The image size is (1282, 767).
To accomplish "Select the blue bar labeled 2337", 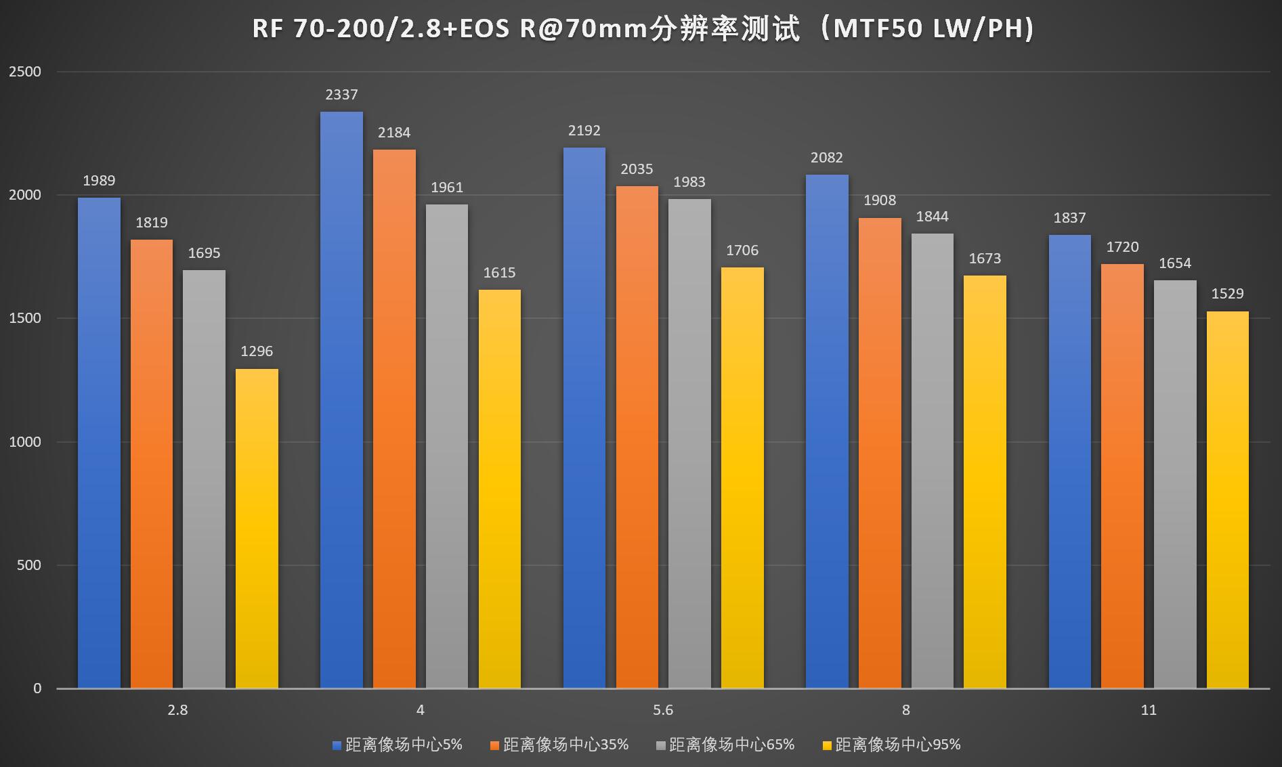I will tap(341, 399).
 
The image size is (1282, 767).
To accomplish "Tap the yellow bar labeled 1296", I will tap(257, 528).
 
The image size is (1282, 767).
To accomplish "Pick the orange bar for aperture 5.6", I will tap(637, 437).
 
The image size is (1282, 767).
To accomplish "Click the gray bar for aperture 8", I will tap(932, 460).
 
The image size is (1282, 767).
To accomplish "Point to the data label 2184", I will tap(394, 133).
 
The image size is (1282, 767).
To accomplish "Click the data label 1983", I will tap(689, 182).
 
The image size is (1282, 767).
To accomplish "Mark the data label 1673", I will tap(985, 259).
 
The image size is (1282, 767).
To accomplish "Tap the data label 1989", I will tap(99, 181).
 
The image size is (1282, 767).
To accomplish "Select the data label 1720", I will tap(1122, 247).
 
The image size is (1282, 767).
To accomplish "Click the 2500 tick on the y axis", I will tap(25, 72).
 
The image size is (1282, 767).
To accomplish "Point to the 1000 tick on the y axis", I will tap(25, 442).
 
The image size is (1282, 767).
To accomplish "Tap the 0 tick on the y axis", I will tap(37, 688).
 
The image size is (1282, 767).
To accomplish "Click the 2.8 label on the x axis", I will tap(177, 710).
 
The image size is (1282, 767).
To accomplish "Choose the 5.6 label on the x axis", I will tap(663, 710).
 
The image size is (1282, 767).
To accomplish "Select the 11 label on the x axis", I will tap(1149, 710).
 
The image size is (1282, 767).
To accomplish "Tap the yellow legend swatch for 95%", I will tap(826, 745).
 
